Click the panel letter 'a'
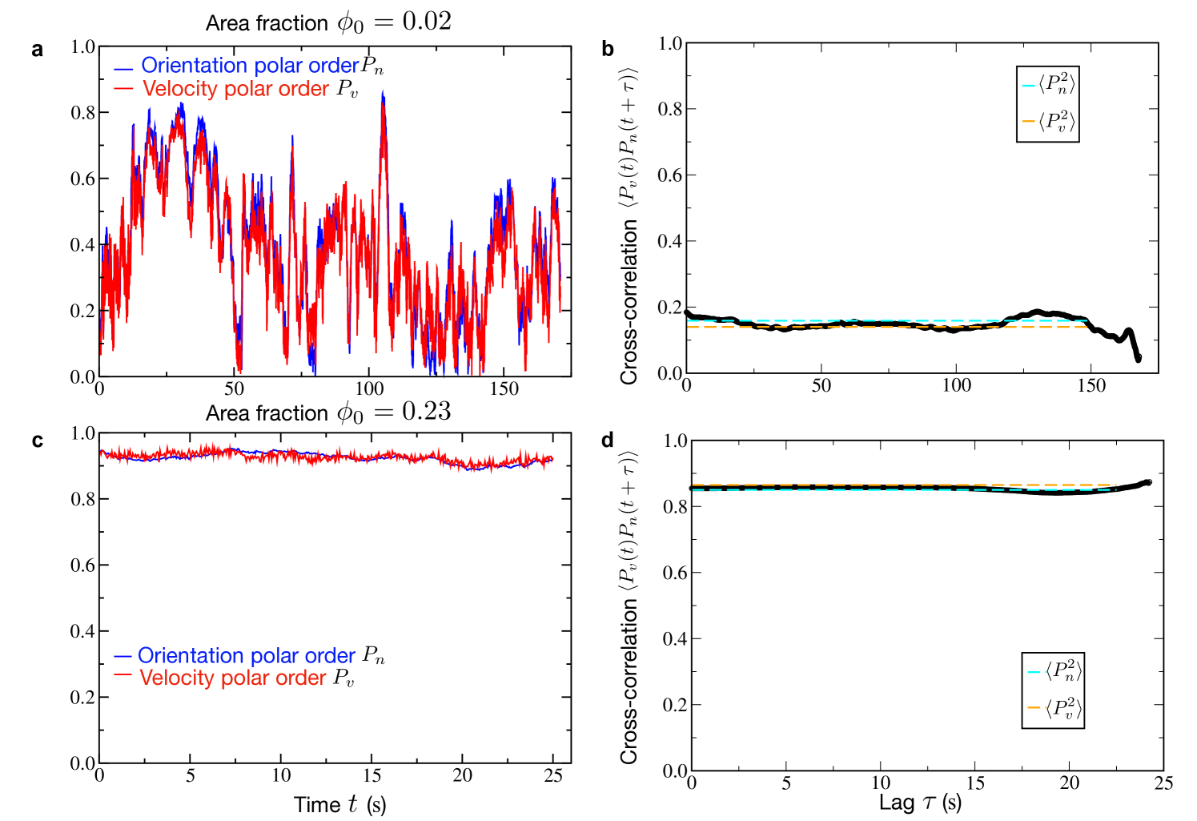click(x=37, y=50)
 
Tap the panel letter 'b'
click(x=608, y=49)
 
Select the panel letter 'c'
click(x=37, y=441)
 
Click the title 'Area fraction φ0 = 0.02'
click(x=328, y=22)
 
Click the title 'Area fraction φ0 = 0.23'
click(x=328, y=413)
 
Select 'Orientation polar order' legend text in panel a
click(x=250, y=65)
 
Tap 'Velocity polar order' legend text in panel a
click(x=235, y=89)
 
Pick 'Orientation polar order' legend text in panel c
click(x=247, y=655)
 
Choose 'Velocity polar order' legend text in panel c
click(x=232, y=678)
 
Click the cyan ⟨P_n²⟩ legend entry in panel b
click(x=1048, y=85)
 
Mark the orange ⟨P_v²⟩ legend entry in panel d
click(x=1054, y=708)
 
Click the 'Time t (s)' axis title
click(x=339, y=804)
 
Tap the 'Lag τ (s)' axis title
click(x=920, y=803)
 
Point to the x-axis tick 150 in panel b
click(x=1091, y=385)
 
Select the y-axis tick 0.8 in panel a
click(x=82, y=112)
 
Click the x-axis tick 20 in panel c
click(x=462, y=775)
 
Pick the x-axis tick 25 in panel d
click(x=1163, y=783)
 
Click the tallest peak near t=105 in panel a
click(x=383, y=92)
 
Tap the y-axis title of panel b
click(x=629, y=226)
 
